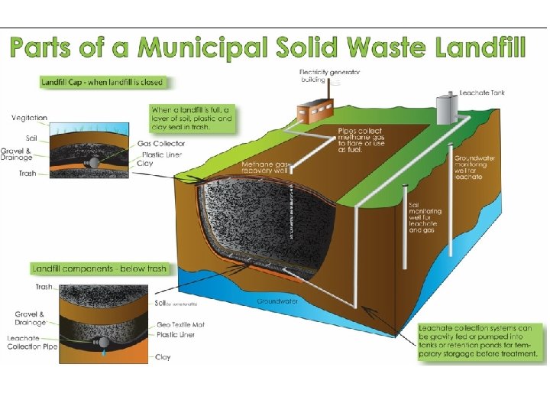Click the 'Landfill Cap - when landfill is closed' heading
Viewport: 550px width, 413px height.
tap(102, 82)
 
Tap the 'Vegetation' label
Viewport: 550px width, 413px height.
tap(30, 118)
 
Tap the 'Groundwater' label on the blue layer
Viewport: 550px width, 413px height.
tap(277, 301)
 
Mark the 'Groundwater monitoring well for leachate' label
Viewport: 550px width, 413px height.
tap(474, 167)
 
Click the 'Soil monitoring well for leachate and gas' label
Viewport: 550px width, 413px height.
tap(425, 217)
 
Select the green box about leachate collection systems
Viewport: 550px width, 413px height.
tap(480, 340)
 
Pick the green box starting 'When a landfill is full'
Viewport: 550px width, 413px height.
tap(191, 119)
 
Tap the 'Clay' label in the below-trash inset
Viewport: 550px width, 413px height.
tap(163, 357)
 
